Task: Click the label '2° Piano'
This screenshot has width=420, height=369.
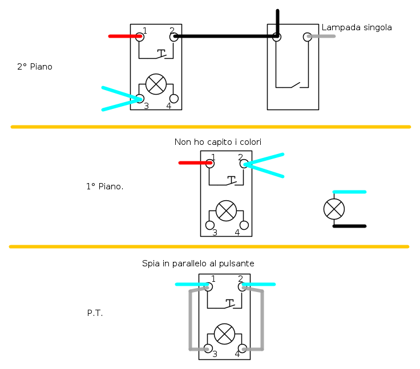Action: [x=35, y=66]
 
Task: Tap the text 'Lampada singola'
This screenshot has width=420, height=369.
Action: [x=357, y=27]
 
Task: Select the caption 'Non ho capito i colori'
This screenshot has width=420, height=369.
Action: [x=218, y=141]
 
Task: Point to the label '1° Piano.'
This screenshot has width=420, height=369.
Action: [x=105, y=186]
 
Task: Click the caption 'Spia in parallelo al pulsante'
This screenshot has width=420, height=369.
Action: [x=198, y=263]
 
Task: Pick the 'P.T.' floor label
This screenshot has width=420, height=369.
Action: [x=95, y=313]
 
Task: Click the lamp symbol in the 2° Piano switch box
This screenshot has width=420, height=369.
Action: [x=156, y=84]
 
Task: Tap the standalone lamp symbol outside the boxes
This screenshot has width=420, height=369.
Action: [x=334, y=209]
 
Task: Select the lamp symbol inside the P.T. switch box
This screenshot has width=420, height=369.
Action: [x=224, y=334]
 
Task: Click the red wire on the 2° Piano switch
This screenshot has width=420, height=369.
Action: [x=125, y=36]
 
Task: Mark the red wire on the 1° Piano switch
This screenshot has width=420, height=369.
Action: [x=195, y=163]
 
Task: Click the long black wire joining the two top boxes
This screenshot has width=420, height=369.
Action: [x=225, y=36]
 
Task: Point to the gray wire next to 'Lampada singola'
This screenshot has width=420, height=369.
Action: [x=321, y=36]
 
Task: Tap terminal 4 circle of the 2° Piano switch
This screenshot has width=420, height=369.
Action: [x=174, y=99]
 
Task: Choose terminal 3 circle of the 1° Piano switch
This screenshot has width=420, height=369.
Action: [x=210, y=225]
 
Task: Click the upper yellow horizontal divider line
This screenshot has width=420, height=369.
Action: [x=211, y=127]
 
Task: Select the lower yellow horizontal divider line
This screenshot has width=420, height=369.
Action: [x=209, y=246]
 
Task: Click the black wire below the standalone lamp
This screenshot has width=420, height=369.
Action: [x=349, y=226]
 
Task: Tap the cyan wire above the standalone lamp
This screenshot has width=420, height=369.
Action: [x=349, y=192]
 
